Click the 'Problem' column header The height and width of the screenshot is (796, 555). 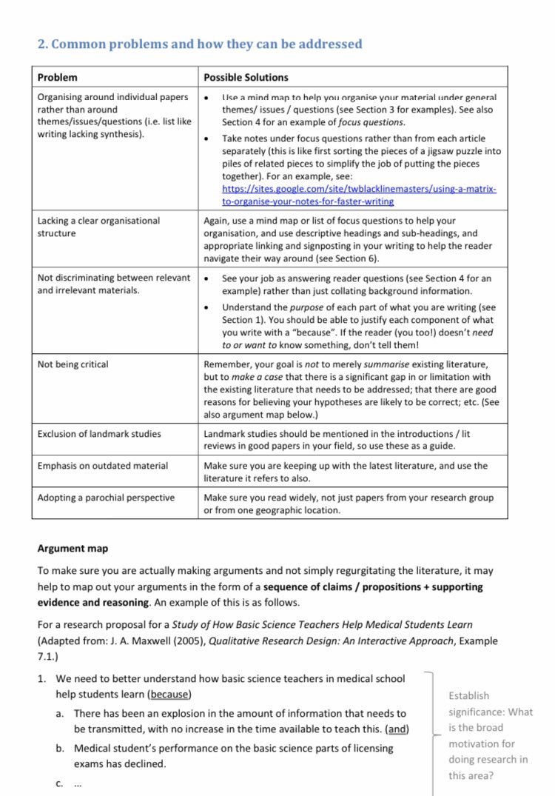pyautogui.click(x=57, y=77)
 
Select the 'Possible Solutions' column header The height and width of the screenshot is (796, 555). pyautogui.click(x=246, y=77)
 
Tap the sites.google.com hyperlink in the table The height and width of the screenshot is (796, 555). pyautogui.click(x=359, y=195)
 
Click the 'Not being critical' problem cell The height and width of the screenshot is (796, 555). pyautogui.click(x=73, y=364)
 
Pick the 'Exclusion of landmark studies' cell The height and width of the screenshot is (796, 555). pyautogui.click(x=99, y=434)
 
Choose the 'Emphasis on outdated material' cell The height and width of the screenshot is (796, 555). pyautogui.click(x=102, y=466)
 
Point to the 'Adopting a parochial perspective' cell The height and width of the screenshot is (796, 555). pyautogui.click(x=106, y=498)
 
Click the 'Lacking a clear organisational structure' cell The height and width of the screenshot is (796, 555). pyautogui.click(x=98, y=227)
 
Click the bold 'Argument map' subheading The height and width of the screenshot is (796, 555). pyautogui.click(x=73, y=549)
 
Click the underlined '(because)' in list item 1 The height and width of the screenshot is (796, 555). pyautogui.click(x=169, y=694)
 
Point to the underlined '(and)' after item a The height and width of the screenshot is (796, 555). pyautogui.click(x=397, y=729)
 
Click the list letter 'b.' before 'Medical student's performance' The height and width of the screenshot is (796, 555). pyautogui.click(x=60, y=748)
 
